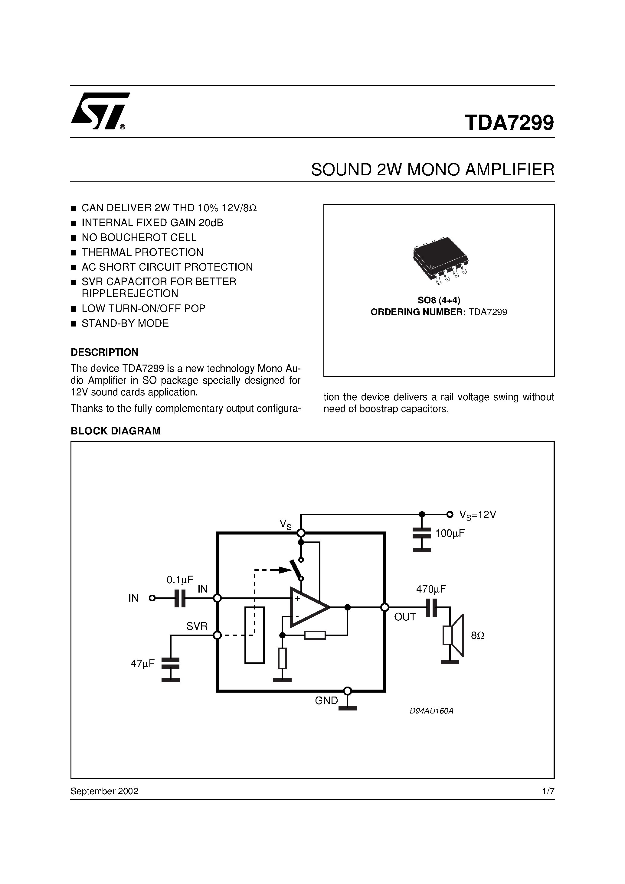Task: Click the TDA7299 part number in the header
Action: pos(509,122)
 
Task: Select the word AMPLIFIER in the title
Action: pos(509,170)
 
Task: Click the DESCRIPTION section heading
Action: pos(104,352)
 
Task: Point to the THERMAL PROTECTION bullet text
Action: pos(142,252)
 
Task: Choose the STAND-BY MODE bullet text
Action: pos(125,323)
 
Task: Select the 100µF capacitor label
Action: pos(450,533)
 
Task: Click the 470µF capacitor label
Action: pos(431,589)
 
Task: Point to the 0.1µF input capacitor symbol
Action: pos(180,598)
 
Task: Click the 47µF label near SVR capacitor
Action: pos(142,663)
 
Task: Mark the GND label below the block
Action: pos(326,701)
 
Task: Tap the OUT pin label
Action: pos(404,617)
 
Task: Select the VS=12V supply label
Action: pos(477,515)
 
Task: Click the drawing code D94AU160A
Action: pos(431,711)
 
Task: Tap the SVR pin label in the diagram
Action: pos(197,626)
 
